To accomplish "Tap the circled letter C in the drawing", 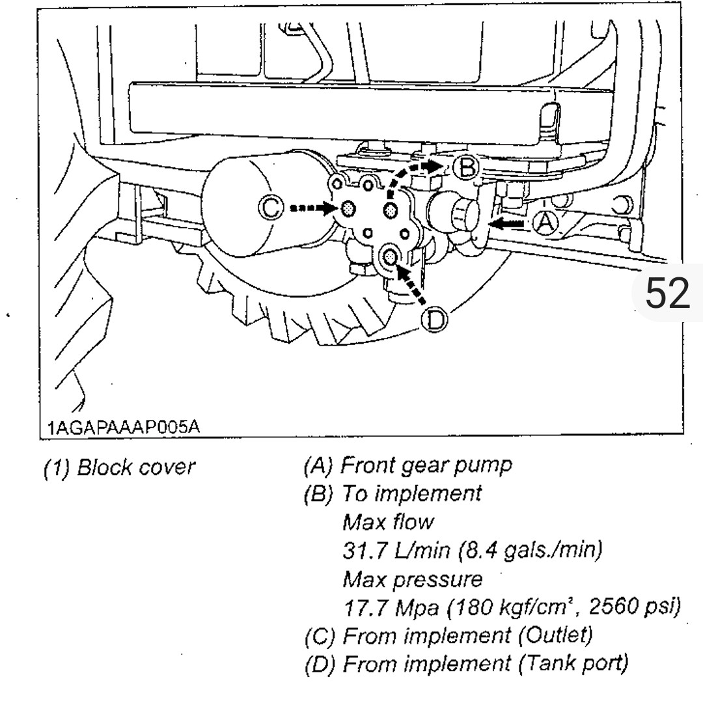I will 271,208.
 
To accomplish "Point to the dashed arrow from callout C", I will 311,208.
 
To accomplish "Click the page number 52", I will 667,293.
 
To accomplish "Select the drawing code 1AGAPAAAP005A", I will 123,427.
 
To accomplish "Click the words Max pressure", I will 412,578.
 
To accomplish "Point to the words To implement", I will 412,493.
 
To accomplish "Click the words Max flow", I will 388,521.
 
